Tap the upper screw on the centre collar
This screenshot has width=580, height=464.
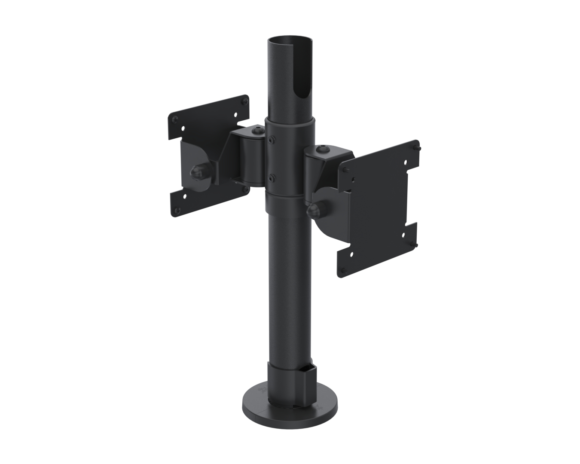click(271, 139)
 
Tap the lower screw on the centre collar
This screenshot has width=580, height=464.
click(271, 177)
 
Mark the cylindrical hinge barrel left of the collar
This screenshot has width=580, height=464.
click(251, 159)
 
